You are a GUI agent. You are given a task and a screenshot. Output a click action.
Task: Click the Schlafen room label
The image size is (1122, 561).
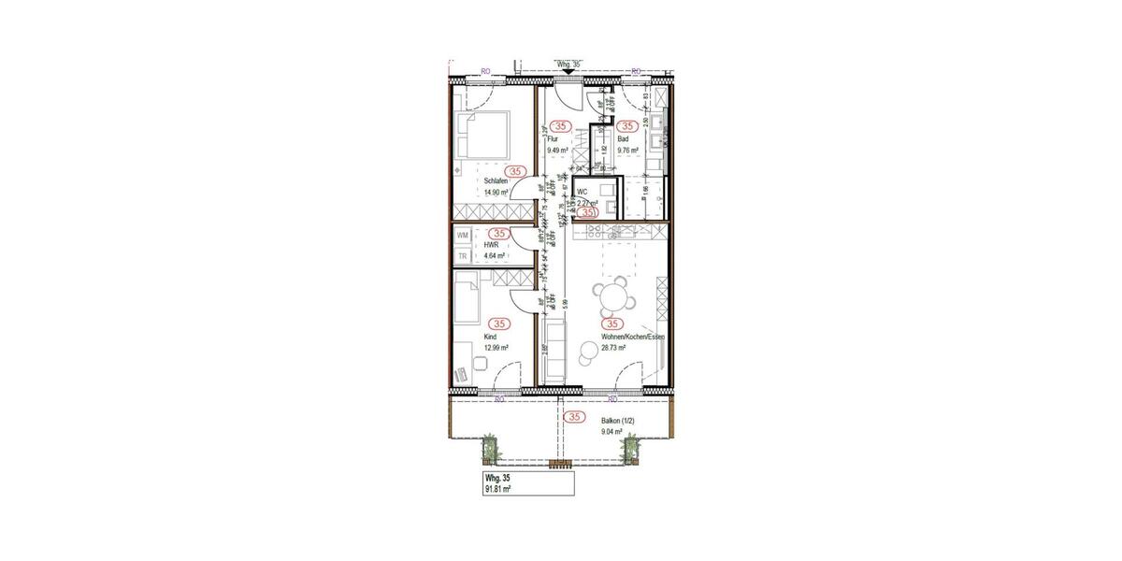pyautogui.click(x=496, y=181)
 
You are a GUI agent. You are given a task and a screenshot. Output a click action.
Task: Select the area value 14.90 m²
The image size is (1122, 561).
pyautogui.click(x=496, y=193)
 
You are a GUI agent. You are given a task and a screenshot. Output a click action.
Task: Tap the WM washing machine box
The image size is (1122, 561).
pyautogui.click(x=462, y=236)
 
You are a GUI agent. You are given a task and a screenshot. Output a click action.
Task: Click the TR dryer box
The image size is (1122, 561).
pyautogui.click(x=462, y=255)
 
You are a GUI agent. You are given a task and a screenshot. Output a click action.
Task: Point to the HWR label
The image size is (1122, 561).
pyautogui.click(x=491, y=244)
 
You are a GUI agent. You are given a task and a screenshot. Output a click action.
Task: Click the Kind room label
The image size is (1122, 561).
pyautogui.click(x=489, y=337)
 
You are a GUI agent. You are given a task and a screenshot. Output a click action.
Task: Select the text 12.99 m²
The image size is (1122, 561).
pyautogui.click(x=496, y=348)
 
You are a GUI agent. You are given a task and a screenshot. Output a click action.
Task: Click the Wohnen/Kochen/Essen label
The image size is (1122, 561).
pyautogui.click(x=631, y=337)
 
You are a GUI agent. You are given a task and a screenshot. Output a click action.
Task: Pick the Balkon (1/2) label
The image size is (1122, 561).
pyautogui.click(x=619, y=421)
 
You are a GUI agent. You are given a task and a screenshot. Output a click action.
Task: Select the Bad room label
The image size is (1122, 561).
pyautogui.click(x=623, y=138)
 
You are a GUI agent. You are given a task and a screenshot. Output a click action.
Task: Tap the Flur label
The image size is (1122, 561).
pyautogui.click(x=553, y=138)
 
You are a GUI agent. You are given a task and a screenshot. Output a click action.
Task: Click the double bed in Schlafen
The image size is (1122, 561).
pyautogui.click(x=482, y=137)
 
